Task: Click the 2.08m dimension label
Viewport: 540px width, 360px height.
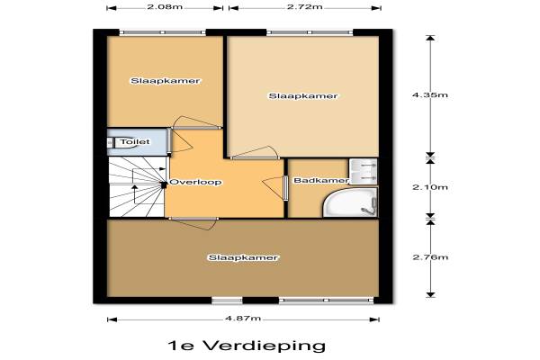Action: pos(165,6)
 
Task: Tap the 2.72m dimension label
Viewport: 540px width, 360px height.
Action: pos(305,6)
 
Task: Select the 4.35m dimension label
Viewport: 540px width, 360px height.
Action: pos(430,95)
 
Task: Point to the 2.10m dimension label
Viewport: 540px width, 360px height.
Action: pos(430,187)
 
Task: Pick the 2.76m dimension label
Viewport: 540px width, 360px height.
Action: pos(430,257)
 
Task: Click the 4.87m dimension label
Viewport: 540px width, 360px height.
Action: pos(243,318)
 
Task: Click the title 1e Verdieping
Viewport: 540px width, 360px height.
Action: pos(247,346)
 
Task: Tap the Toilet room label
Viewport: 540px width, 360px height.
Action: pos(135,141)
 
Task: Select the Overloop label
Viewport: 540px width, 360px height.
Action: pos(195,182)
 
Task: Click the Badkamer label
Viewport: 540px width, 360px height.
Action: pos(321,180)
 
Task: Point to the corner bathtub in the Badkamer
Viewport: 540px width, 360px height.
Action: pos(350,202)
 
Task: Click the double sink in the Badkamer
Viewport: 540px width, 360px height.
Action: pos(364,171)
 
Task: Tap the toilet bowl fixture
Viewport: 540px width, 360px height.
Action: pos(115,142)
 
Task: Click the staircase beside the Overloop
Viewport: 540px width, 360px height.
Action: pos(138,186)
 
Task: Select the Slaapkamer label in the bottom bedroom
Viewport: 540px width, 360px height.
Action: pos(243,257)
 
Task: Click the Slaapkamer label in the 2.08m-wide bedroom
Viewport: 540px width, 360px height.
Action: pos(166,81)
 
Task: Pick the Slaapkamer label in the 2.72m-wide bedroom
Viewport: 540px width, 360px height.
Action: pos(303,95)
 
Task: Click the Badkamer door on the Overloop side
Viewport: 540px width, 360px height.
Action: pos(275,188)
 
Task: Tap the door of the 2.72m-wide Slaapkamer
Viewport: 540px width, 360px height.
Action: pos(255,153)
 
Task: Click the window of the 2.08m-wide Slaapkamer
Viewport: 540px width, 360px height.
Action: pos(163,32)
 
